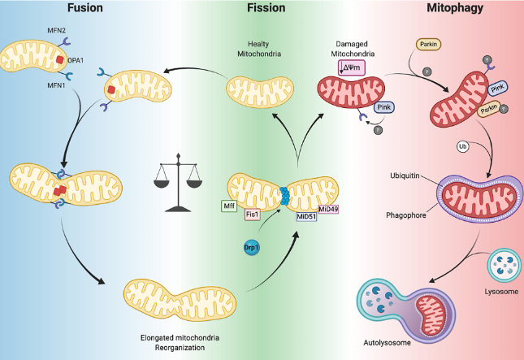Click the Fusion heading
pyautogui.click(x=84, y=7)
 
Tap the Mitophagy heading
pyautogui.click(x=455, y=7)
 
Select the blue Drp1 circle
pyautogui.click(x=252, y=248)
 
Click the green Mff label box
pyautogui.click(x=229, y=206)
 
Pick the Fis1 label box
pyautogui.click(x=253, y=215)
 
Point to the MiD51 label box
pyautogui.click(x=306, y=216)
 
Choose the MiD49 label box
pyautogui.click(x=328, y=209)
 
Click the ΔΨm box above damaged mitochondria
pyautogui.click(x=351, y=67)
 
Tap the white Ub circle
pyautogui.click(x=463, y=147)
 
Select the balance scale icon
pyautogui.click(x=178, y=183)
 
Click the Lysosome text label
pyautogui.click(x=501, y=292)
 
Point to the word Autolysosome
pyautogui.click(x=387, y=343)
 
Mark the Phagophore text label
pyautogui.click(x=406, y=215)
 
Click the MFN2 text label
pyautogui.click(x=57, y=30)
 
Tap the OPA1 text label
pyautogui.click(x=76, y=60)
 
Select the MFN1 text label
pyautogui.click(x=56, y=85)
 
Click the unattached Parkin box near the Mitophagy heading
pyautogui.click(x=428, y=44)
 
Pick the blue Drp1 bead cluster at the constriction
pyautogui.click(x=284, y=196)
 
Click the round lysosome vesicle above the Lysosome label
pyautogui.click(x=505, y=266)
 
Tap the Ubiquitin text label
pyautogui.click(x=405, y=176)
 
